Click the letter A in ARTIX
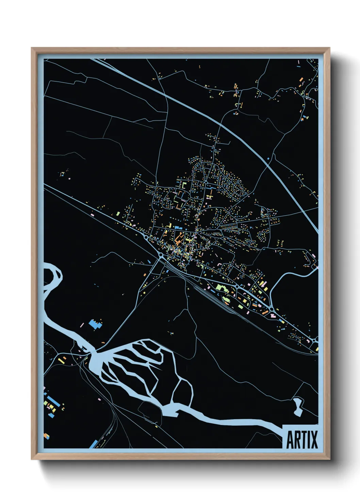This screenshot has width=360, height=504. pos(290,440)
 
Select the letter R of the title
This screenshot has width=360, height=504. pos(296,440)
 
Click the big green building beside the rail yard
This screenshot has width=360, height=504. pos(221,288)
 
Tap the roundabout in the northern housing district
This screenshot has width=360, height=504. pos(206,183)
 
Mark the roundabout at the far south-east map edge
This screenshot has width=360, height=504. pos(314,340)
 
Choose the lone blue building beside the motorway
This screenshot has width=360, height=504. pos(268,159)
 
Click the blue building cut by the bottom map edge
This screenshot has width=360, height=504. pos(93,444)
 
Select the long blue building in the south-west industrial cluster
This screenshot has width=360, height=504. pos(53,400)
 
